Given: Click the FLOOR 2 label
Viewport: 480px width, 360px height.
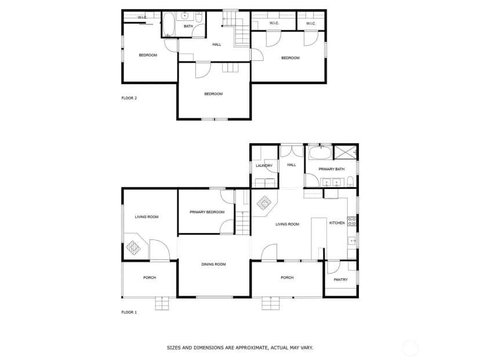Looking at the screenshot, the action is point(129,98).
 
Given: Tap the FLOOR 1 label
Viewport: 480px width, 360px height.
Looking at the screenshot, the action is point(129,312).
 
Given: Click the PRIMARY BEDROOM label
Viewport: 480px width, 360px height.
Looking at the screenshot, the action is point(207,212).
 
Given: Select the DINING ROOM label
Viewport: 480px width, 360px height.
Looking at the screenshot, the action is point(213,264).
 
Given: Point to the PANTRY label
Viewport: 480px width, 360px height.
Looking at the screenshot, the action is point(340,279).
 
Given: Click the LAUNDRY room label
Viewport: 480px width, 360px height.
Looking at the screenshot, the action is point(264,166).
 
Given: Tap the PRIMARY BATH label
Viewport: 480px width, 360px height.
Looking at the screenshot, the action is point(331,169).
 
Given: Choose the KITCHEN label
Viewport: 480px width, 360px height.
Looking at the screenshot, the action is point(337,223).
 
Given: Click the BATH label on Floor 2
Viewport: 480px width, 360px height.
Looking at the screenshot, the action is point(188,26).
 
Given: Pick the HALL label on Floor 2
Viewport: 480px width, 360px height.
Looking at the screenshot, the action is point(217,45).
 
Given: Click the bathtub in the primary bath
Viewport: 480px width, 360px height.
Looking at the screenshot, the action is point(320,153).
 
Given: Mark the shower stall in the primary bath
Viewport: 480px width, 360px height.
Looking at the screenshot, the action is point(345,152).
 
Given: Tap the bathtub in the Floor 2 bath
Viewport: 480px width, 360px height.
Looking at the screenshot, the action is point(168,25).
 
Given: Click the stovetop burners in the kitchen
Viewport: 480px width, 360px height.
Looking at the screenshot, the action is point(352,221).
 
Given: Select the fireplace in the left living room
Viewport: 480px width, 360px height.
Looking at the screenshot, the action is point(134,248).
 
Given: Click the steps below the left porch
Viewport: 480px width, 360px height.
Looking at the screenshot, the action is point(162,303).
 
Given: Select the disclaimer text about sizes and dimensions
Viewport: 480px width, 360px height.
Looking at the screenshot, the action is point(239,348).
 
